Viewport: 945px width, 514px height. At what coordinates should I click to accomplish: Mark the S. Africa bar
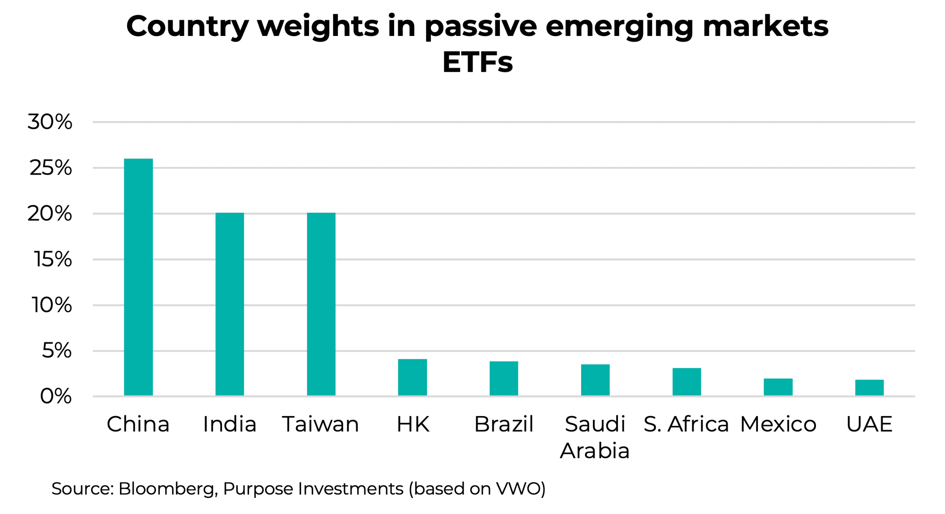(x=687, y=382)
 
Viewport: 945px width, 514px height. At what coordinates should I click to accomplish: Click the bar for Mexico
(x=778, y=387)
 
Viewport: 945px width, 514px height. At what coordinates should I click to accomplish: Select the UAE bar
(x=869, y=387)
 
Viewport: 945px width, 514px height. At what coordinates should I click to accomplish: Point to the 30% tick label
(x=50, y=122)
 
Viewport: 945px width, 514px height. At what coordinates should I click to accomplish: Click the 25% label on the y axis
(x=51, y=168)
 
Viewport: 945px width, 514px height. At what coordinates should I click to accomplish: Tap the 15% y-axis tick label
(x=52, y=260)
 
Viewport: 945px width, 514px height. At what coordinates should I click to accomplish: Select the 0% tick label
(x=56, y=397)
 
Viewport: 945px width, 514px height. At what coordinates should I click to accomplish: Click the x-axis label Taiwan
(x=321, y=424)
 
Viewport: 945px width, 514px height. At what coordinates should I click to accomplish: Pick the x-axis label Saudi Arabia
(x=595, y=437)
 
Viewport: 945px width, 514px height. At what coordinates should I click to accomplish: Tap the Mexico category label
(x=778, y=424)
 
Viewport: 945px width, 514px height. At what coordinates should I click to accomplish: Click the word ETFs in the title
(x=477, y=62)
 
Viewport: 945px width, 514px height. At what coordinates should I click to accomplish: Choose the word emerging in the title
(x=619, y=26)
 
